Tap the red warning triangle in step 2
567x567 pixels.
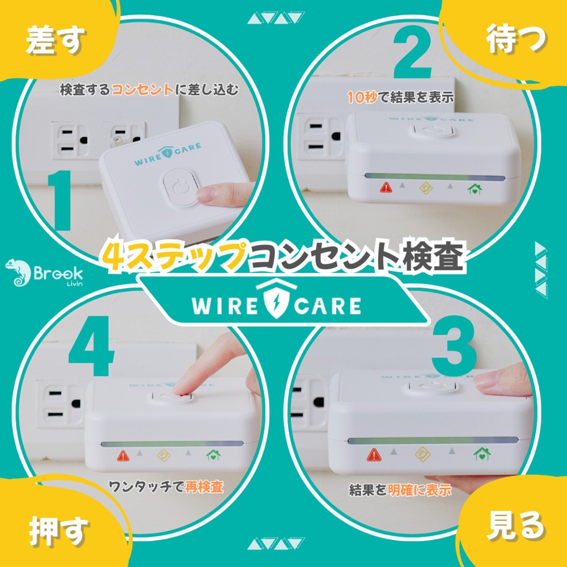pyautogui.click(x=386, y=188)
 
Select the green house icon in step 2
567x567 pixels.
pyautogui.click(x=475, y=188)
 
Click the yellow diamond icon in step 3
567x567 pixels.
pyautogui.click(x=422, y=454)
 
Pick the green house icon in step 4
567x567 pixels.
pyautogui.click(x=213, y=455)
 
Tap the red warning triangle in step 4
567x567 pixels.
pyautogui.click(x=123, y=456)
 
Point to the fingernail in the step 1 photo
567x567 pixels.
pyautogui.click(x=205, y=196)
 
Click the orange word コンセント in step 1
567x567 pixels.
pyautogui.click(x=142, y=90)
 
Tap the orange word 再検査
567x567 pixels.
pyautogui.click(x=204, y=486)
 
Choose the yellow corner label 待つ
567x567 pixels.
pyautogui.click(x=516, y=39)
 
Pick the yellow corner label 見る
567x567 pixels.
pyautogui.click(x=515, y=526)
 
